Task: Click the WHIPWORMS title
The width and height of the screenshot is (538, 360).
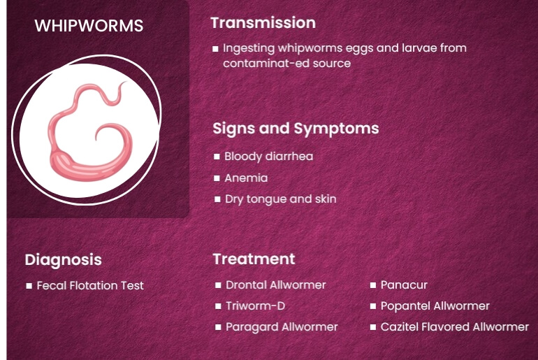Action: [x=89, y=26]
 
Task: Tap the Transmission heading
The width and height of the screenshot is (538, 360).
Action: [x=263, y=22]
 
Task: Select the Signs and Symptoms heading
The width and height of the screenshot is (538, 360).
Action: [x=296, y=129]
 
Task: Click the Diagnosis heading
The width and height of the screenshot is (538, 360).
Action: [x=63, y=259]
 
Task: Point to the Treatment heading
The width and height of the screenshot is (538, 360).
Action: [x=254, y=259]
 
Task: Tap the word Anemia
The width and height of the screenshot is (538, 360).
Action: [x=246, y=178]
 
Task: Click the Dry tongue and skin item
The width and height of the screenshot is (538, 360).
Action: [x=280, y=199]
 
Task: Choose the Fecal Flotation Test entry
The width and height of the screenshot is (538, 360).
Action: [x=90, y=285]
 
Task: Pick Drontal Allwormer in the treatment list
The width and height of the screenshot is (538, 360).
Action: [x=275, y=285]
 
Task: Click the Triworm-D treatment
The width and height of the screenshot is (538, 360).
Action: [x=255, y=305]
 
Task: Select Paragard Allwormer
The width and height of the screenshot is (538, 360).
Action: [x=282, y=326]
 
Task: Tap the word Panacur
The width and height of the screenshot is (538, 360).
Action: [x=404, y=285]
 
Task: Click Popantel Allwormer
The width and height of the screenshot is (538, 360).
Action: [x=435, y=305]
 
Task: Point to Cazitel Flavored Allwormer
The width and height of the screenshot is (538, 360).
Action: [x=454, y=326]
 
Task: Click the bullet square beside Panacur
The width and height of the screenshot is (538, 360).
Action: [x=373, y=285]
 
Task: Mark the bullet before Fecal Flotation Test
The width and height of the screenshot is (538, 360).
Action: [x=29, y=286]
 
